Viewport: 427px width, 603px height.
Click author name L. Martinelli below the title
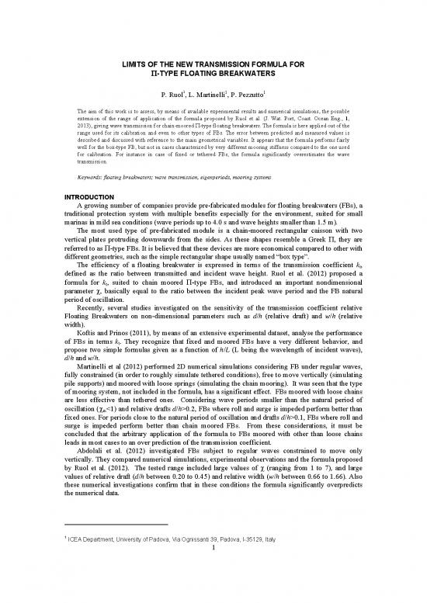(210, 100)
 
